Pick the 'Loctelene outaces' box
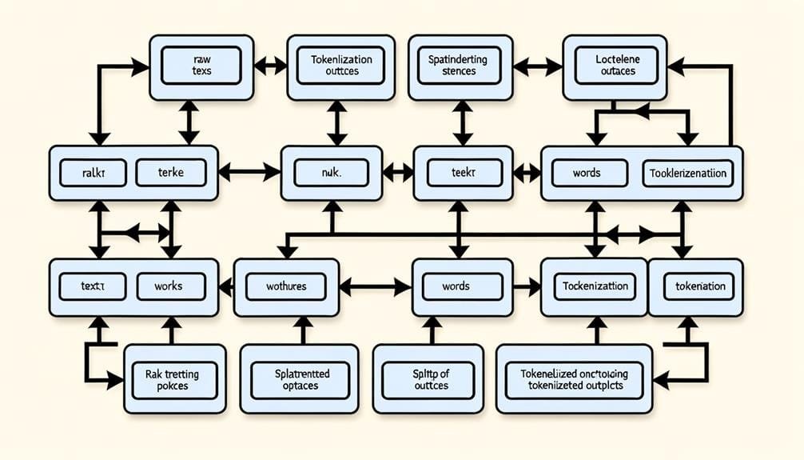pos(615,66)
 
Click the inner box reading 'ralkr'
pos(93,172)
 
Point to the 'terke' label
pos(170,172)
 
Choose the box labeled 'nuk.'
pos(331,172)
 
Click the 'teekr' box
pos(463,172)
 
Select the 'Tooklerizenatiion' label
pos(688,173)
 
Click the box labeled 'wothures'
pos(285,286)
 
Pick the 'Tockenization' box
pos(595,286)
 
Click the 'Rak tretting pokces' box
pos(173,379)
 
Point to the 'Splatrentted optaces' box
pos(296,379)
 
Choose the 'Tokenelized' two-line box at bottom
pos(574,379)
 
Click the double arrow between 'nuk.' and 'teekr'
pos(398,171)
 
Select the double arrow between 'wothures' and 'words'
pos(380,286)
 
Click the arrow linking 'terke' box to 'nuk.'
pos(249,171)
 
